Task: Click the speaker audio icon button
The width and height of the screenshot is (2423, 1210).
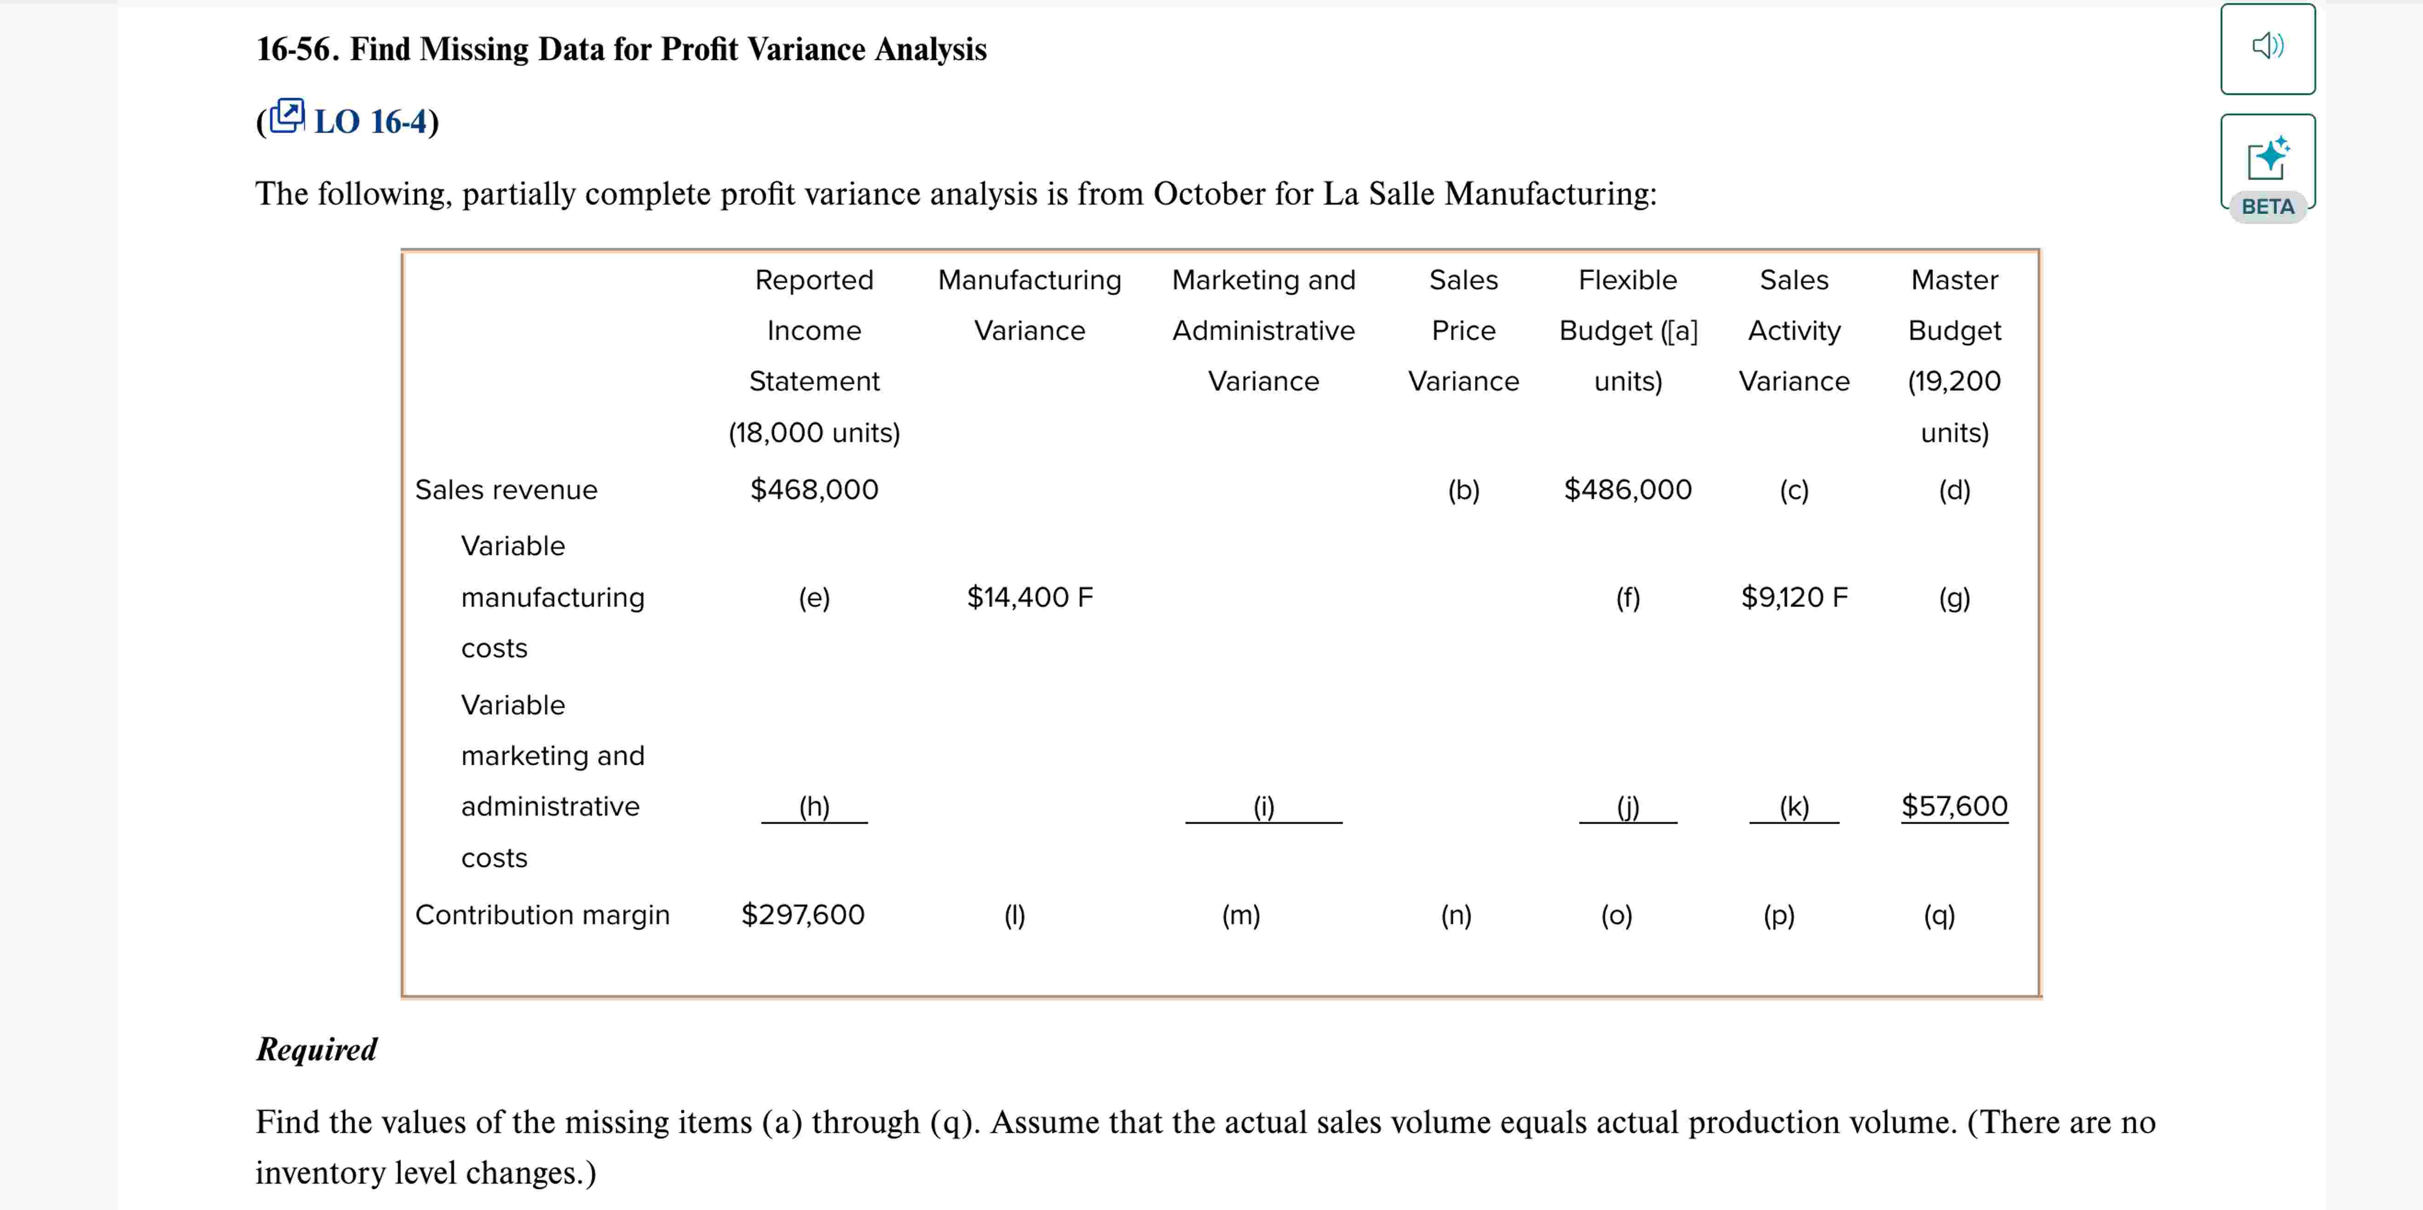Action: coord(2267,47)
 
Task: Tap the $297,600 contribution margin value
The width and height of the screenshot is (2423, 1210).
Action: coord(802,915)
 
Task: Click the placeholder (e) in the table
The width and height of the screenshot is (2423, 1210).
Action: coord(814,598)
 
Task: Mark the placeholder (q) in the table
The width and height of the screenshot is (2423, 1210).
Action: coord(1939,916)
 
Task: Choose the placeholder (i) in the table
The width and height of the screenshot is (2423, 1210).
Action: coord(1263,807)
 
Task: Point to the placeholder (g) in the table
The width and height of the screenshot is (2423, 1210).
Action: coord(1954,598)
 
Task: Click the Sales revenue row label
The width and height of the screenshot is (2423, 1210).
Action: coord(506,490)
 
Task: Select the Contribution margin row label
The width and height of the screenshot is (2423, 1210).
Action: coord(542,915)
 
